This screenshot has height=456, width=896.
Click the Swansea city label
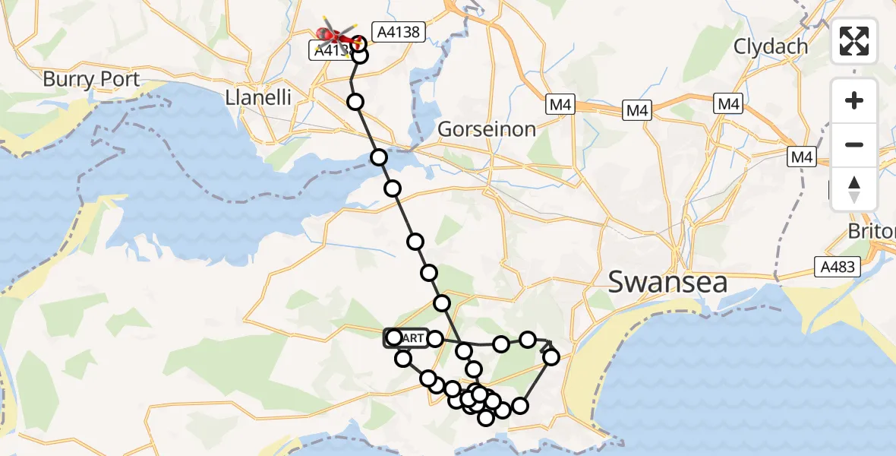pos(668,283)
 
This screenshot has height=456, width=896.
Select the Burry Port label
pos(91,79)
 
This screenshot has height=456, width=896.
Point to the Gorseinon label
pos(487,128)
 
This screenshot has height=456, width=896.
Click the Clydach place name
pos(770,46)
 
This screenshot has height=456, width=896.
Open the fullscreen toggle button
pos(854,41)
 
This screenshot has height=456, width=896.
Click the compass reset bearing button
pos(854,189)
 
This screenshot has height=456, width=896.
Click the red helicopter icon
pos(332,35)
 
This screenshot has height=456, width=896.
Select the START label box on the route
pos(407,337)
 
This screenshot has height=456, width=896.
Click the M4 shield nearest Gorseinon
pos(560,105)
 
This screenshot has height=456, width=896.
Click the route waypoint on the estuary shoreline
pos(379,157)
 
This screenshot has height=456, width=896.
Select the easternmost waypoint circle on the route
pos(551,356)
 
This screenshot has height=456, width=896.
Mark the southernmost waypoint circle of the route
pos(486,416)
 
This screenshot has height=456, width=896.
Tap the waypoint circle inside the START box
pos(393,337)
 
